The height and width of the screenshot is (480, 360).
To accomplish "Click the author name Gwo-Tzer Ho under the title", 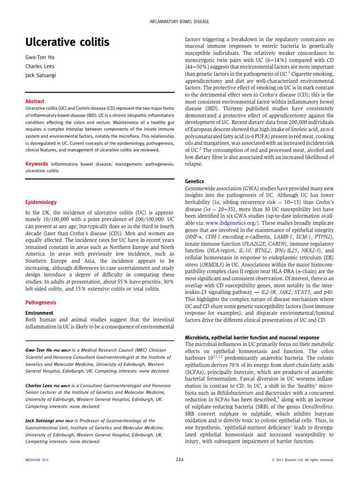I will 40,58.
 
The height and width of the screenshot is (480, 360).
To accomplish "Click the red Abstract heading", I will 35,101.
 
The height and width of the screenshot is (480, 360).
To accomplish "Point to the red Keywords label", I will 37,164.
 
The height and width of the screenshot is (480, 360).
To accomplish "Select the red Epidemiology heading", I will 41,202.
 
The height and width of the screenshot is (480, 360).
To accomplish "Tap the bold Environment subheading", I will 39,300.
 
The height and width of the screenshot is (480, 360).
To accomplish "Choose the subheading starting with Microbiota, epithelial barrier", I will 252,337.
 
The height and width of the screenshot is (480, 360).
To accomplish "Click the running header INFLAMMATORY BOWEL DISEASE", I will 180,22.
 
